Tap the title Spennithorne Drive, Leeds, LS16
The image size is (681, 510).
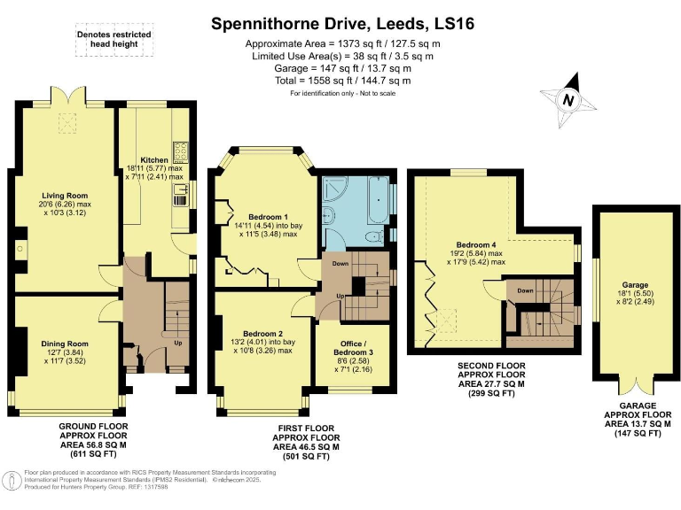coord(342,24)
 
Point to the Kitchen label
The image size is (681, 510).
coord(154,159)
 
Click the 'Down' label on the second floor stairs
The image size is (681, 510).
coord(525,291)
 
